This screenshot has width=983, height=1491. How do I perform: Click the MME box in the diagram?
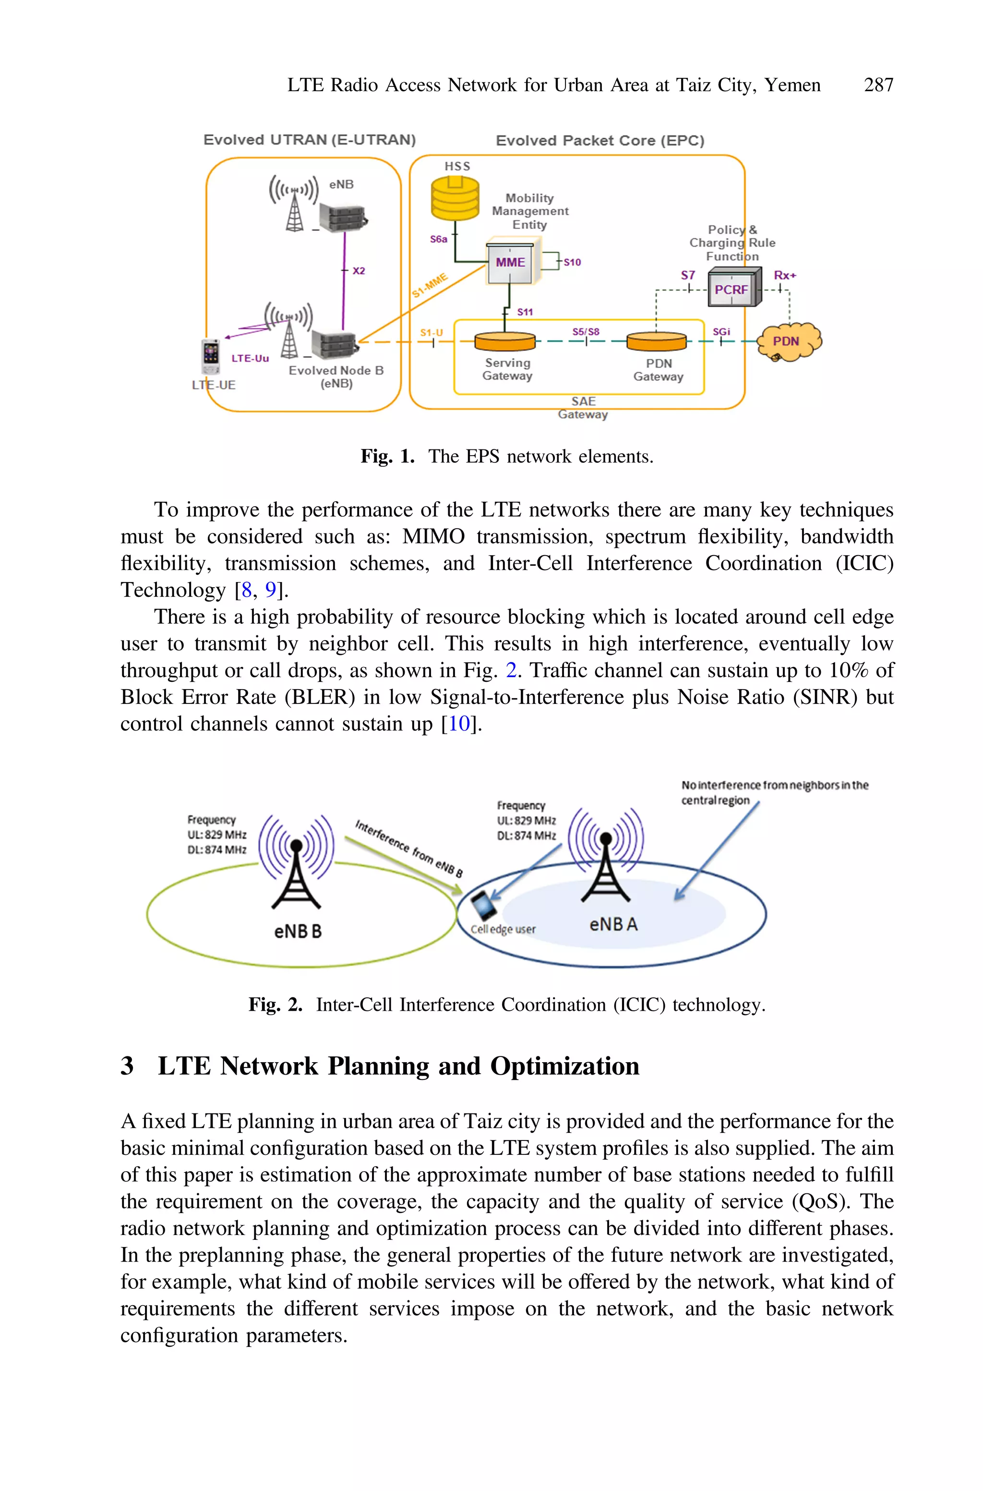tap(510, 263)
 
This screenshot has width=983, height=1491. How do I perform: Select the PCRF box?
tap(731, 289)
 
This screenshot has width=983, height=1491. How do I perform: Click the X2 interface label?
tap(359, 271)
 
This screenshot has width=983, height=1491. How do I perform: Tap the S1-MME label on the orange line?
tap(430, 286)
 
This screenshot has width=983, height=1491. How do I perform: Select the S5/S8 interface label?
tap(586, 332)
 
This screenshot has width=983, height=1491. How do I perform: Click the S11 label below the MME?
tap(525, 312)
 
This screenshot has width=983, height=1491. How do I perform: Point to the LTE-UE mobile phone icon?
tap(211, 356)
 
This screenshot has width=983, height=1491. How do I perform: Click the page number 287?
tap(878, 85)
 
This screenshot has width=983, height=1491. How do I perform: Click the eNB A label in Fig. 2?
tap(613, 923)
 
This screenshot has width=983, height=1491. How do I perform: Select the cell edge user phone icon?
tap(483, 905)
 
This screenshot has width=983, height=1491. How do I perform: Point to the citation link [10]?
tap(459, 724)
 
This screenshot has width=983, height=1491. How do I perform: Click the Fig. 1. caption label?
tap(387, 456)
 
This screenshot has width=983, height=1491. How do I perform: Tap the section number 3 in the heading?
tap(127, 1066)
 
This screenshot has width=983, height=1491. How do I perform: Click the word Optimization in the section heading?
tap(564, 1066)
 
